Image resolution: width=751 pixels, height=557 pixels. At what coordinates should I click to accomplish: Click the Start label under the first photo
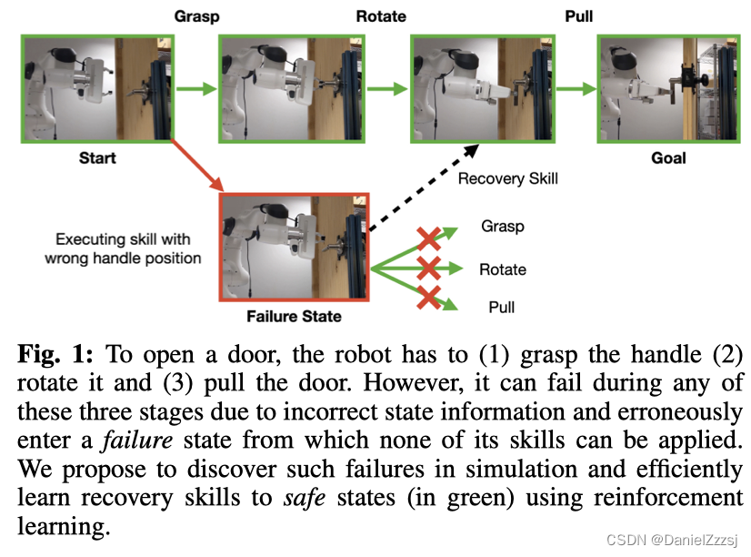(x=97, y=157)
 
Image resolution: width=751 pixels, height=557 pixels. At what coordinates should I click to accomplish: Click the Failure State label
(x=294, y=316)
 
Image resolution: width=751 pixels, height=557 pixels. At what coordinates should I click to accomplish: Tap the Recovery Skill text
(x=507, y=178)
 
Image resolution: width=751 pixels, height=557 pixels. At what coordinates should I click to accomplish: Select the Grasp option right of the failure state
(x=502, y=227)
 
